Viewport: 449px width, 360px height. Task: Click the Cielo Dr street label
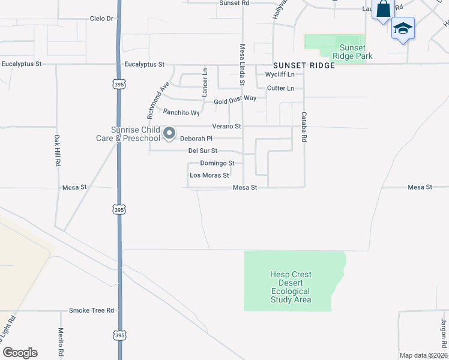click(101, 19)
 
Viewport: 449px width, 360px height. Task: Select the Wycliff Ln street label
click(280, 74)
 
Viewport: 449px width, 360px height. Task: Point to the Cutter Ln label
click(280, 88)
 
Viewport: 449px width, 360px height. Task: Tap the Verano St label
click(226, 127)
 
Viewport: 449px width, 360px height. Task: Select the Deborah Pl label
click(197, 139)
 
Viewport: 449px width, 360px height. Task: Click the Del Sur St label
click(202, 151)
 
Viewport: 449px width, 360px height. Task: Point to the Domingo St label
click(217, 163)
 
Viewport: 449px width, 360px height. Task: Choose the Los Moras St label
click(209, 175)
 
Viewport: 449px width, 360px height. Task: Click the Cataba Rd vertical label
click(304, 127)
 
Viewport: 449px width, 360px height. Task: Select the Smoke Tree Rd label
click(91, 310)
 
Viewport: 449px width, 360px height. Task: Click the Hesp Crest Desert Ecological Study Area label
click(291, 287)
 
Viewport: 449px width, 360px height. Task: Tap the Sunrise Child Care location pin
click(170, 133)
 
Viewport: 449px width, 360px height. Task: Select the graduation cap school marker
click(403, 29)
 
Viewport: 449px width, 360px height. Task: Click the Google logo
click(20, 353)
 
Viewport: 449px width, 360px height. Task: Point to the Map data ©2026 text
click(423, 355)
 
